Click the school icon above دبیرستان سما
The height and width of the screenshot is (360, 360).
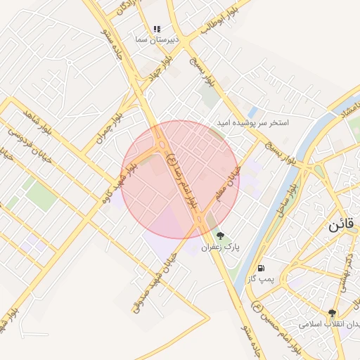[157, 29]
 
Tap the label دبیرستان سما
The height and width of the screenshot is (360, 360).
[157, 40]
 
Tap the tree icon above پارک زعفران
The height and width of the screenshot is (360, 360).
[220, 236]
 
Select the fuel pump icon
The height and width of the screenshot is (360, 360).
[262, 268]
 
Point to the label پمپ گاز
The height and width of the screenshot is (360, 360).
[260, 279]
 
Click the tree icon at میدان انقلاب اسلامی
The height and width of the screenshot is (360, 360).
[332, 313]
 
